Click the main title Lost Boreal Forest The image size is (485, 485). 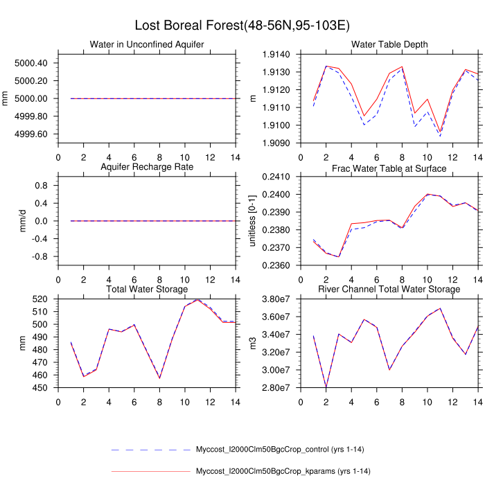(x=242, y=26)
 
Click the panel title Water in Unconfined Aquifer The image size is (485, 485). (x=147, y=45)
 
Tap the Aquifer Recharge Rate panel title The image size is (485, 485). (x=147, y=167)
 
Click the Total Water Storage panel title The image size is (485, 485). (x=147, y=289)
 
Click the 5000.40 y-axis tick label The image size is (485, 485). (x=30, y=63)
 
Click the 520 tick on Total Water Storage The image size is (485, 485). (x=39, y=299)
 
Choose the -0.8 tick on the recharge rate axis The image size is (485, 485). (x=37, y=256)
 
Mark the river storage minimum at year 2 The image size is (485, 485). (x=326, y=387)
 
